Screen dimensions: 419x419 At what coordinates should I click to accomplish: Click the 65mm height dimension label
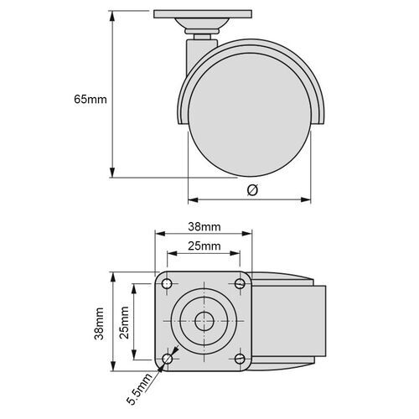[x=91, y=99]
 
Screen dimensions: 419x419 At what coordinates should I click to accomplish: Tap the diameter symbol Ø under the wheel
[x=252, y=190]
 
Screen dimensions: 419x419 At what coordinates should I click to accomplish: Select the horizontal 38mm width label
[x=204, y=227]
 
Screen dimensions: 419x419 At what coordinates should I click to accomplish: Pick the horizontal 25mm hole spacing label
[x=204, y=246]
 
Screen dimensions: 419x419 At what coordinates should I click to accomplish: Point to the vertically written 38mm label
[x=99, y=322]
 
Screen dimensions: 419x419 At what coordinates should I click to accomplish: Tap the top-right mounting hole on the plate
[x=241, y=285]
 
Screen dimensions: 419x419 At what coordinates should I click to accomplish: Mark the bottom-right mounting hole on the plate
[x=241, y=360]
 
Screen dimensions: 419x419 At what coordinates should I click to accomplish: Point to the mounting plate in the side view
[x=203, y=14]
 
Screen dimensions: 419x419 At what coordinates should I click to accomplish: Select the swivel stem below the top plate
[x=203, y=35]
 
